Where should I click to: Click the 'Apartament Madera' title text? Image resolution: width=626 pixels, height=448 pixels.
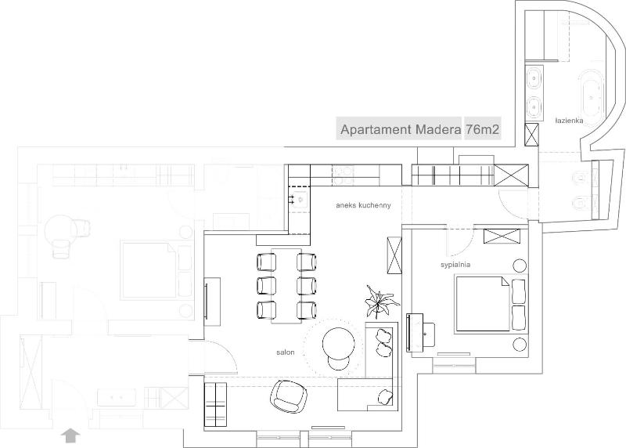tap(398, 129)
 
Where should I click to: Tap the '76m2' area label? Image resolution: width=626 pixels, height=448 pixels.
tap(483, 129)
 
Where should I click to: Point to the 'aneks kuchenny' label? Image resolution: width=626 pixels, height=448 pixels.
tap(362, 205)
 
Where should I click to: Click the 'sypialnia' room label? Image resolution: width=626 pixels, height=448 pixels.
tap(454, 265)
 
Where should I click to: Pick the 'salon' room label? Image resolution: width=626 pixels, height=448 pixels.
tap(285, 353)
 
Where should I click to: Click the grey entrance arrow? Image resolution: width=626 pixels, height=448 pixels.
tap(71, 433)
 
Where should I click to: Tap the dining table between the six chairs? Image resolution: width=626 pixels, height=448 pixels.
tap(286, 286)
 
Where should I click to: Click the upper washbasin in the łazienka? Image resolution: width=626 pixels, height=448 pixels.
tap(534, 78)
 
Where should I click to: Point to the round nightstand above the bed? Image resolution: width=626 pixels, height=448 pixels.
tap(519, 264)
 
